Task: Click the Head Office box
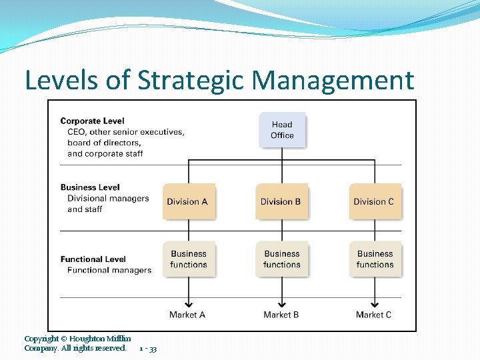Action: pos(282,130)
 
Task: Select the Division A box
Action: pos(189,201)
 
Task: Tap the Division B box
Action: pos(282,201)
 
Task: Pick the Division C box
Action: pos(375,201)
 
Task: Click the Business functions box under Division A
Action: pos(189,259)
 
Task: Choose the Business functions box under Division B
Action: pos(282,259)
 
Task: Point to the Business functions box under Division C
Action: pos(375,259)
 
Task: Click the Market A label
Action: pos(187,315)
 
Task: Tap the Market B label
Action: pos(281,315)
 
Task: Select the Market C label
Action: pos(374,315)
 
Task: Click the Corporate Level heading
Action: pos(92,121)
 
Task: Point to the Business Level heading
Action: pos(90,187)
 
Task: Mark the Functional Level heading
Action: pos(93,259)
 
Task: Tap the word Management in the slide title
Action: pos(333,81)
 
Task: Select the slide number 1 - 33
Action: pos(148,349)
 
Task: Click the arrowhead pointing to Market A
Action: pos(189,301)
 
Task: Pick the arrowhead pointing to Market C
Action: pos(375,301)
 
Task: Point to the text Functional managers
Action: pos(109,270)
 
